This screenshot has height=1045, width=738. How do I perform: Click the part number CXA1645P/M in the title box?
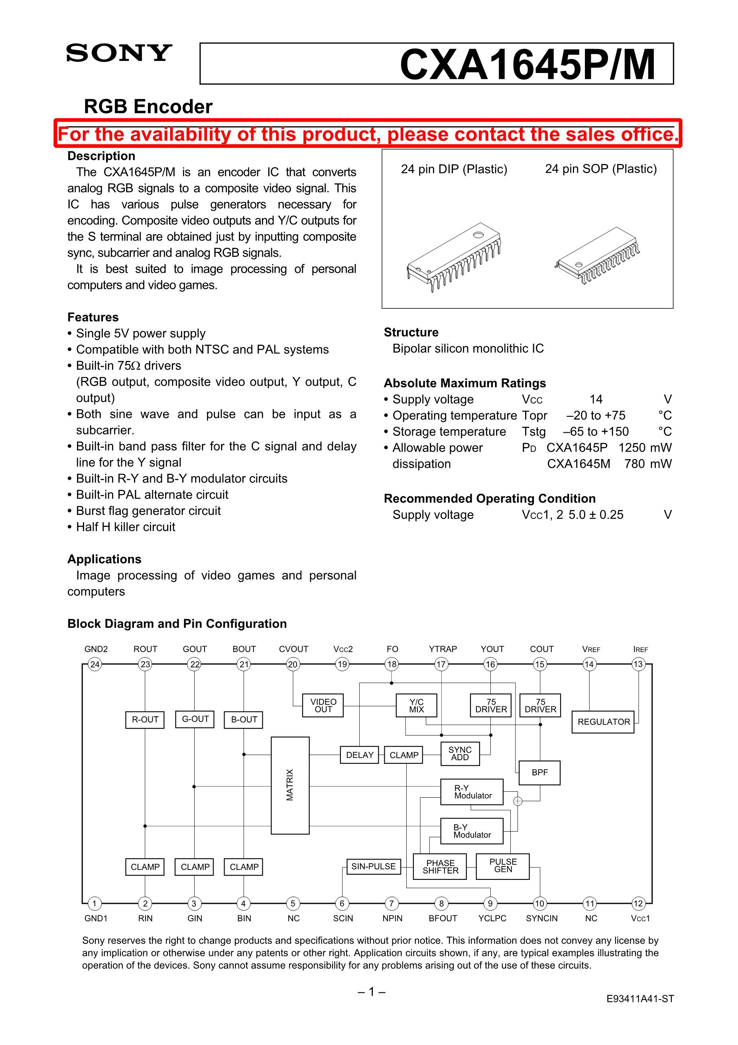[x=527, y=65]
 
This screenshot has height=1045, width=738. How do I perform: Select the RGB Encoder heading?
[x=148, y=107]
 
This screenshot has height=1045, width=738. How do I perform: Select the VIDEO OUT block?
[x=323, y=706]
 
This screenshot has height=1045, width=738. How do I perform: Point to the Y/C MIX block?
[x=416, y=706]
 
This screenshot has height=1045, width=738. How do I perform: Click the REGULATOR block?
[x=603, y=722]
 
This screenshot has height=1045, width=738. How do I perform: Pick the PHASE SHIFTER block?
[x=440, y=867]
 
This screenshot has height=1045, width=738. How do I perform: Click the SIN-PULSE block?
[x=373, y=866]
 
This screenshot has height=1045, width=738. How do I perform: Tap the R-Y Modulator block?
[x=472, y=792]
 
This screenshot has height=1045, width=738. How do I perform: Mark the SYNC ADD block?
[x=460, y=753]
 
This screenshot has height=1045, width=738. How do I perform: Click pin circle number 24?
[x=94, y=664]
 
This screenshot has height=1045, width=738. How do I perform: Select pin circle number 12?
[x=638, y=903]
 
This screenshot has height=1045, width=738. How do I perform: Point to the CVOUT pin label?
[x=293, y=649]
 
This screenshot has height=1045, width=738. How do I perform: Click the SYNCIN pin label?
[x=541, y=919]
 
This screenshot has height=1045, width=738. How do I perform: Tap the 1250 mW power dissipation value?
[x=644, y=448]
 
